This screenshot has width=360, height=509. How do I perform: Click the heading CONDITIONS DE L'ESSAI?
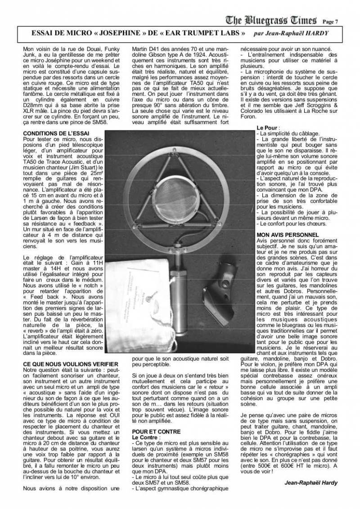(56, 134)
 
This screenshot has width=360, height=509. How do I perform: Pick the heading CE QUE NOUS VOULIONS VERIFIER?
(71, 363)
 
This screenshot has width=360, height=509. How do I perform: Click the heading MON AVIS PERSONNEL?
(287, 235)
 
